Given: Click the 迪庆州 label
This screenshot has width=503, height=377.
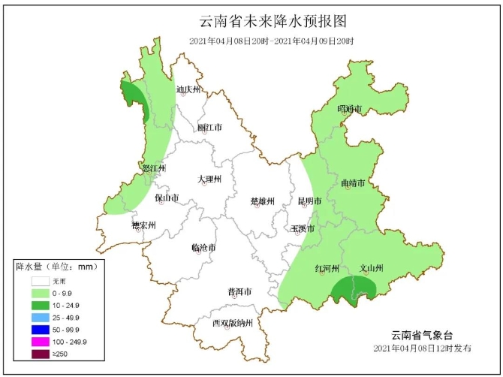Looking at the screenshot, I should tap(188, 90).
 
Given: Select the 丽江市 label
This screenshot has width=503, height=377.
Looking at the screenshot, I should tap(209, 128).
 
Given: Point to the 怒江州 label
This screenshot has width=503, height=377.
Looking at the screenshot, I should tap(152, 168).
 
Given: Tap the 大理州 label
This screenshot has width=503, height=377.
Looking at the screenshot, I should tap(209, 179).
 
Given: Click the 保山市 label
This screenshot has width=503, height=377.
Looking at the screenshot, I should tap(167, 198).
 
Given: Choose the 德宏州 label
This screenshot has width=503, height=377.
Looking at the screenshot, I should tap(143, 225).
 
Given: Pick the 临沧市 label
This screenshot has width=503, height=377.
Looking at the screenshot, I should tap(203, 247).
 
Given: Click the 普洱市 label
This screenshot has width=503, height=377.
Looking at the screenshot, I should tap(239, 291).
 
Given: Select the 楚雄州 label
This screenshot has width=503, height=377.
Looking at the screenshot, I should tap(262, 201).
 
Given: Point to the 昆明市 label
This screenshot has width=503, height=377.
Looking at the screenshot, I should tap(309, 201).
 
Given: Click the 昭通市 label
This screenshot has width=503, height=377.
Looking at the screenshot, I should tap(350, 110).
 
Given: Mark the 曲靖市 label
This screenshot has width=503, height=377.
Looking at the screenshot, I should tap(353, 182).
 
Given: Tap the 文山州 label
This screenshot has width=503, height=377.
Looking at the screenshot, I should tap(372, 268).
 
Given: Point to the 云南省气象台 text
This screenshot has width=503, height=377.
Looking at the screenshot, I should tap(423, 334).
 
